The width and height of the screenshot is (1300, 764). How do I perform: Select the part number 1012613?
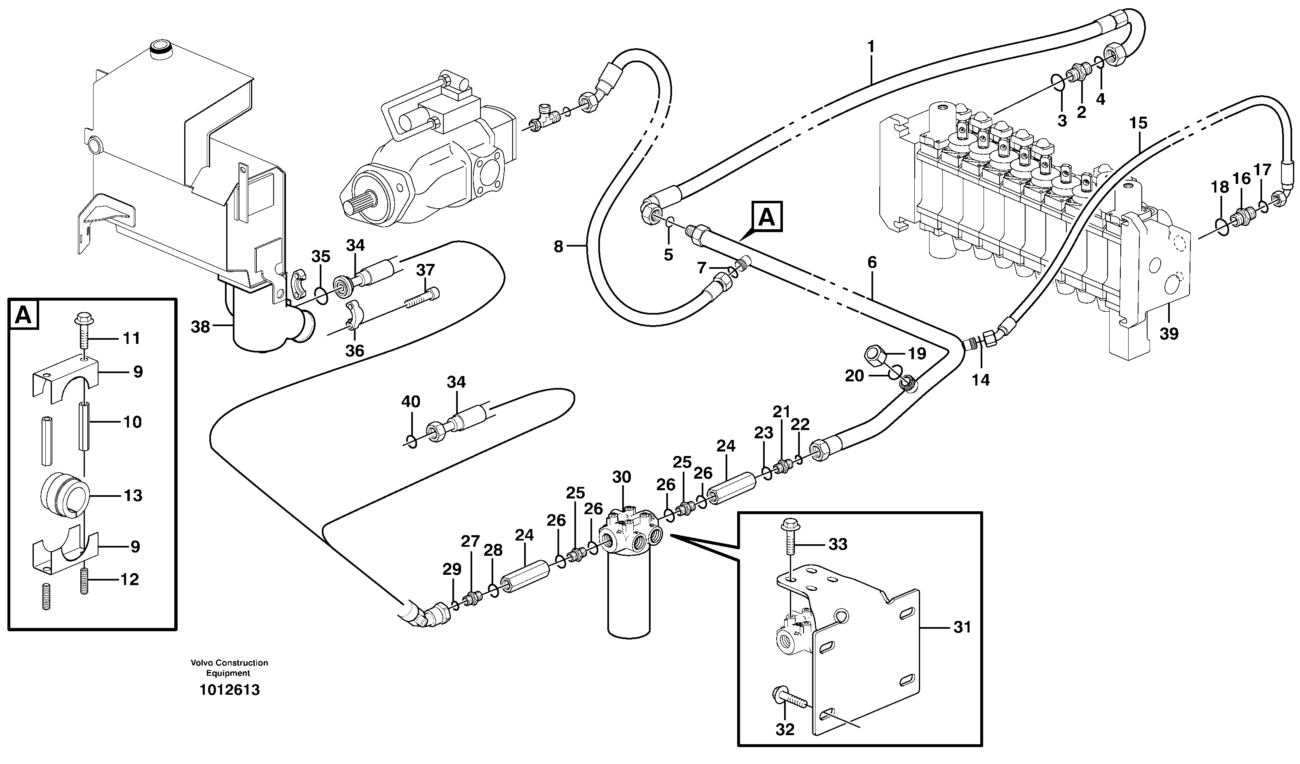tap(230, 690)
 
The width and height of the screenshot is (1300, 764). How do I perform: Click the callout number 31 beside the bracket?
tap(962, 627)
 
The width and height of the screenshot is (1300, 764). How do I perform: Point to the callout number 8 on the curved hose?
tap(558, 247)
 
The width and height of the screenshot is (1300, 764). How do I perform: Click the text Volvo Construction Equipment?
tap(229, 668)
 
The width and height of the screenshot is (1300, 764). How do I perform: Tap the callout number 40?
tap(411, 401)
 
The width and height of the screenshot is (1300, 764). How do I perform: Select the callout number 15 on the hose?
tap(1138, 123)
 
